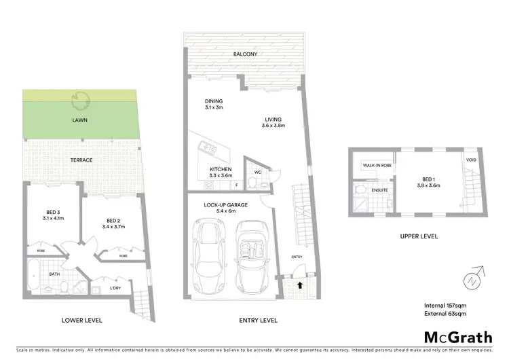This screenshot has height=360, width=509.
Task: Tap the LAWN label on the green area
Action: [x=81, y=120]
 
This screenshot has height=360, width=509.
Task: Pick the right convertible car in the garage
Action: [x=249, y=254]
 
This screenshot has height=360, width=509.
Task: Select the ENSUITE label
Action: [x=379, y=190]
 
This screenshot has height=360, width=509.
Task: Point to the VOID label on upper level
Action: [x=471, y=160]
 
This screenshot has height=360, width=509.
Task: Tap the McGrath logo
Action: [x=458, y=337]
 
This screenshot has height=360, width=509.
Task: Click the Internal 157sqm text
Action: [x=445, y=305]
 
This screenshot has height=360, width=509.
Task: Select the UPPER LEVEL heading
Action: [x=419, y=236]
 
